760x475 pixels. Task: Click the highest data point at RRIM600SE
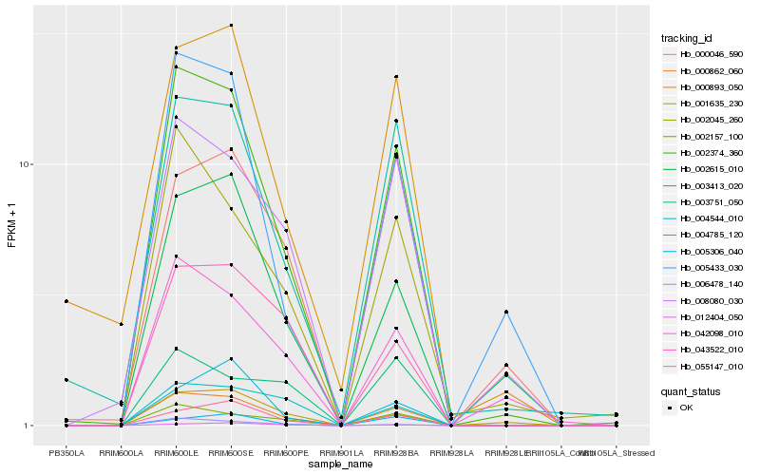(x=232, y=26)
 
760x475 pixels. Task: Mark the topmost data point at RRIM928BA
(x=396, y=77)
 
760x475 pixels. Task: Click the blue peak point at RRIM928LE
(x=506, y=312)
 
